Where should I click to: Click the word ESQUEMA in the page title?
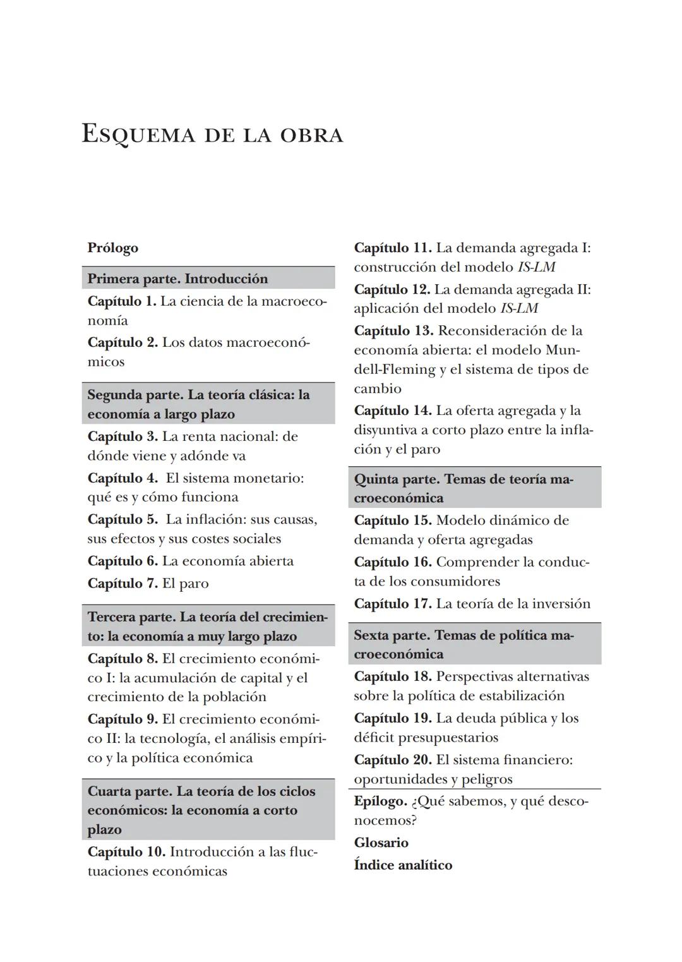[138, 135]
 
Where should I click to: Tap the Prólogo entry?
[112, 248]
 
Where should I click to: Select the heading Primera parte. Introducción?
[177, 279]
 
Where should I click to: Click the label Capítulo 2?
[123, 342]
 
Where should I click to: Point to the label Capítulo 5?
[123, 519]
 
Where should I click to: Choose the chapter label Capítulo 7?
[123, 583]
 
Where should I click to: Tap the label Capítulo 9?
[123, 719]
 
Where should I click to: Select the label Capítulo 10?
[126, 851]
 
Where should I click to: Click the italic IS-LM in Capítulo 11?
[536, 267]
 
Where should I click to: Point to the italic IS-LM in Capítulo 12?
[519, 308]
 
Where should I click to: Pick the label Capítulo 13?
[393, 330]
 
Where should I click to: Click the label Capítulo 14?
[393, 411]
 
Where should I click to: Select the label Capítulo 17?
[393, 603]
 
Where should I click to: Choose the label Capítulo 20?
[393, 759]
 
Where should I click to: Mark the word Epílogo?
[380, 801]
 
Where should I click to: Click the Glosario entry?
[381, 843]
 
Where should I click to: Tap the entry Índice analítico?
[403, 865]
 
